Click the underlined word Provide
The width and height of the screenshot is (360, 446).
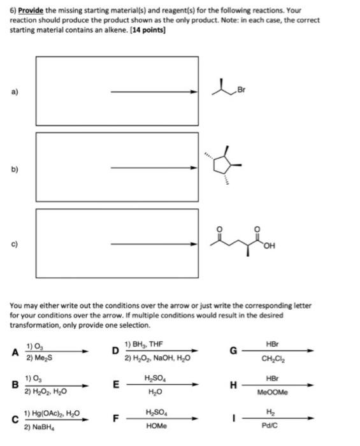31,11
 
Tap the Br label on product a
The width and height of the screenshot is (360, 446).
241,90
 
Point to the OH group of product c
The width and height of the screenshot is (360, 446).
270,246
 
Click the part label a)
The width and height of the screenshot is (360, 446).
15,92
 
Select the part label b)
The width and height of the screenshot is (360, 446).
15,169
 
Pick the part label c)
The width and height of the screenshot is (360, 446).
15,244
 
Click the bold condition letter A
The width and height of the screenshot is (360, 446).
15,352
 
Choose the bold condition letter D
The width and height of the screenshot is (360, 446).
115,350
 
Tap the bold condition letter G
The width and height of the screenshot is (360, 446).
233,351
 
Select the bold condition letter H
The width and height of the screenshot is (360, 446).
233,385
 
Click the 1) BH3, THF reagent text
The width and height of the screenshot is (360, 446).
143,345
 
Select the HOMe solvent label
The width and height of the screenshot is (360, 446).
156,426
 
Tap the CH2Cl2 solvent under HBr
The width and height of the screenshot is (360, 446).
273,359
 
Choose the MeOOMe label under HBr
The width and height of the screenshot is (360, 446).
273,392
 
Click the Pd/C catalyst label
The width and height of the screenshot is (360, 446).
270,426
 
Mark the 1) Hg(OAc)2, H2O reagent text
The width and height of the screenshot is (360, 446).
52,414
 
